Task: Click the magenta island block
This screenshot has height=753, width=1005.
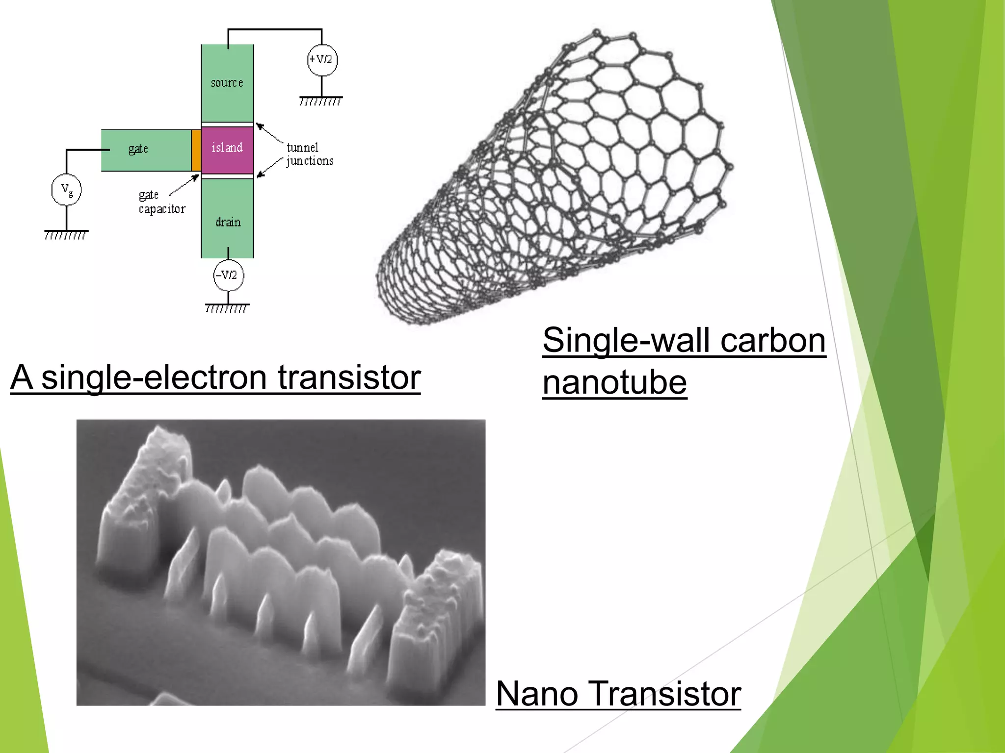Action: tap(227, 149)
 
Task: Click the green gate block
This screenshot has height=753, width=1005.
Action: tap(146, 150)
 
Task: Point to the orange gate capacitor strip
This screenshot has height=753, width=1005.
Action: tap(196, 150)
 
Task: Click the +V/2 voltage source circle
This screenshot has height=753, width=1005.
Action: tap(322, 60)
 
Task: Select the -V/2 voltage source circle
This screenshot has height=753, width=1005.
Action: tap(228, 275)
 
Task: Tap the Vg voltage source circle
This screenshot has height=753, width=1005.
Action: tap(66, 190)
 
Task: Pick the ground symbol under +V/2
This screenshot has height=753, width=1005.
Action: tap(321, 100)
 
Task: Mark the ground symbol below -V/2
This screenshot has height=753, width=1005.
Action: tap(227, 308)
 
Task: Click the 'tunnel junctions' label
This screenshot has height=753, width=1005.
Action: tap(310, 154)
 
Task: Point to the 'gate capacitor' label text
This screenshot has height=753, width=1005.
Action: tap(161, 202)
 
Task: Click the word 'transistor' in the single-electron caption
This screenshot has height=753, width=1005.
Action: tap(349, 377)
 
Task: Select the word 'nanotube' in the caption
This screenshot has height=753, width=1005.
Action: tap(614, 382)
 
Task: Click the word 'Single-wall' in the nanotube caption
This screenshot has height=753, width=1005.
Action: tap(626, 340)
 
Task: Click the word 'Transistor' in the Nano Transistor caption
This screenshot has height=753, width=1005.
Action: tap(665, 694)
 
